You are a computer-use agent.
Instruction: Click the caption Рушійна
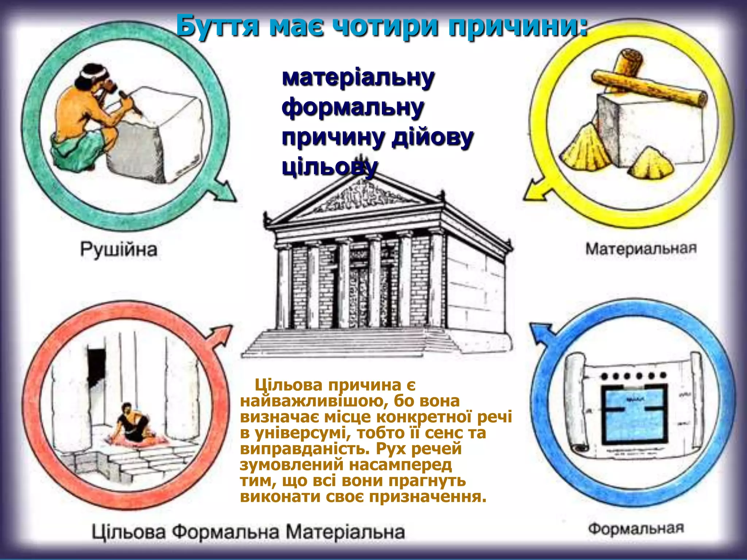119,250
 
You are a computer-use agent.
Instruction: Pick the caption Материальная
641,249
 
